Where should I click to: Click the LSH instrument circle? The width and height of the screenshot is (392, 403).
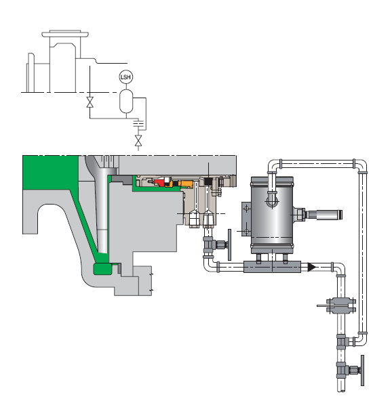pos(126,77)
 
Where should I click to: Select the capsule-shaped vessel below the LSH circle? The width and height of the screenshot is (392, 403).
pos(126,102)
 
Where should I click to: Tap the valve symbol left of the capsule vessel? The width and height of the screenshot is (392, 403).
pos(90,102)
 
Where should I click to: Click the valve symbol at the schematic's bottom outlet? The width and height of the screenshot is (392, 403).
pos(138,141)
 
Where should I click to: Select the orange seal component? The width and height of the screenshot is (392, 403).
pos(187,184)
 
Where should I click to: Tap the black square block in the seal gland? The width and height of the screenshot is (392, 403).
pos(208,182)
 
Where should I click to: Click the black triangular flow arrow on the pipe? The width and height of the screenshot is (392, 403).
pos(312,268)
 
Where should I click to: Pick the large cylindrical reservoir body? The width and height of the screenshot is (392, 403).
pos(272,213)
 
